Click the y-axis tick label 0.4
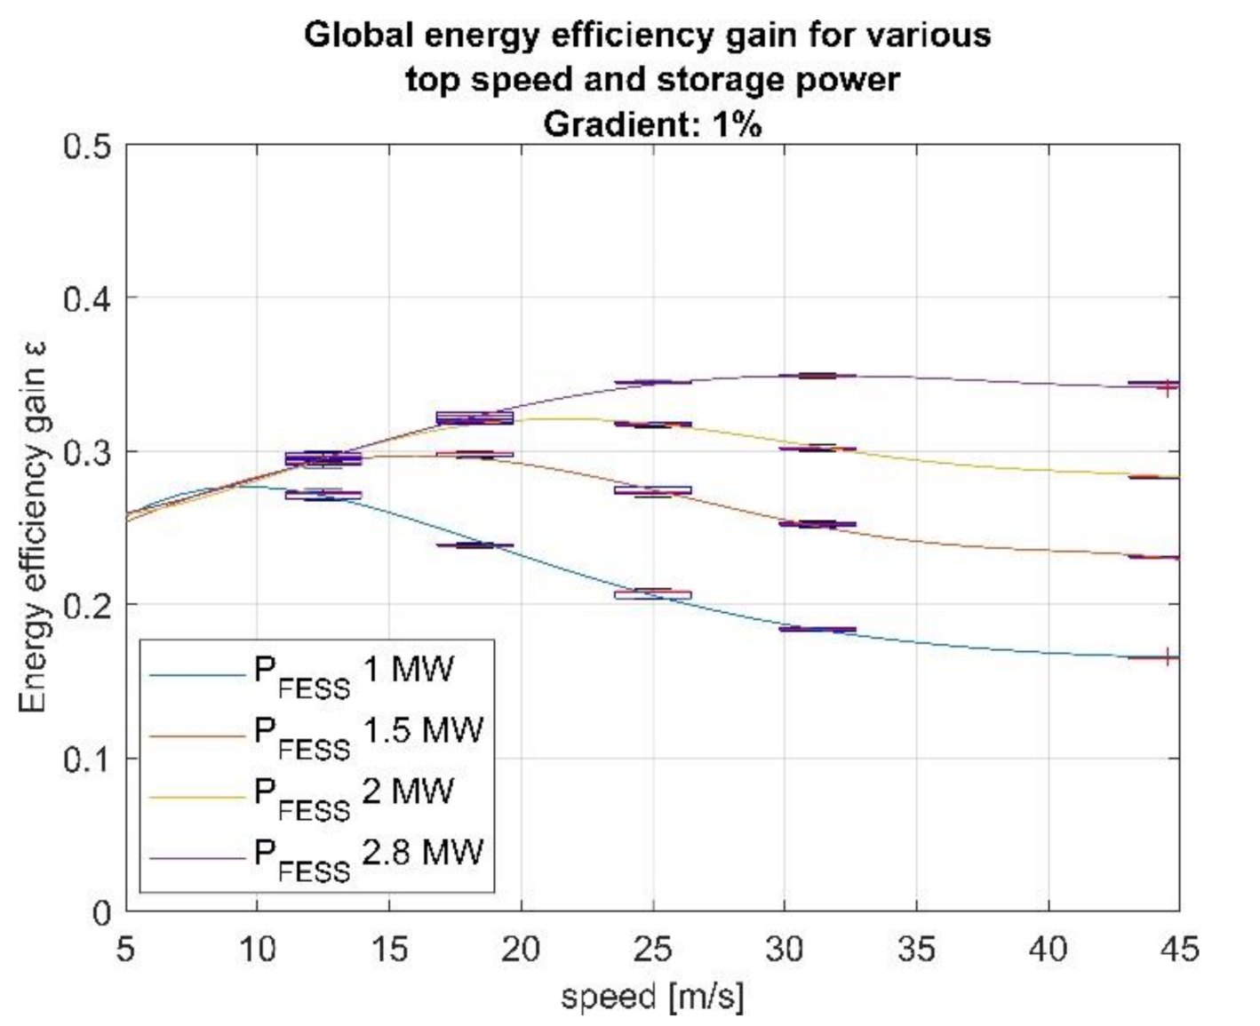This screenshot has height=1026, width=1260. tap(87, 298)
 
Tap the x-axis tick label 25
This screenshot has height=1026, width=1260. tap(652, 950)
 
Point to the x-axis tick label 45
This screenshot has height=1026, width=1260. tap(1178, 950)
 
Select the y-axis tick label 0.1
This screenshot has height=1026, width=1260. tap(87, 760)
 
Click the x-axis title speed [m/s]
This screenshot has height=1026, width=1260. tap(652, 997)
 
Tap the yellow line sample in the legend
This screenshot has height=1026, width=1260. tap(196, 797)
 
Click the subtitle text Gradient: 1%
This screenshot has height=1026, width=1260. tap(652, 124)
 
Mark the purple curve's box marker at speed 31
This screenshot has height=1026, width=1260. tap(817, 376)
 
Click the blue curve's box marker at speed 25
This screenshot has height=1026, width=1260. tap(652, 593)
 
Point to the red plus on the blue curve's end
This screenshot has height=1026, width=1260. tap(1167, 657)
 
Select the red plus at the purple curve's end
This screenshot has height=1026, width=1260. tap(1167, 387)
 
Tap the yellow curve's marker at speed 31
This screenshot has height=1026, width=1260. tap(817, 449)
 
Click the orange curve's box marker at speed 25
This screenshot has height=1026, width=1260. tap(652, 490)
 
